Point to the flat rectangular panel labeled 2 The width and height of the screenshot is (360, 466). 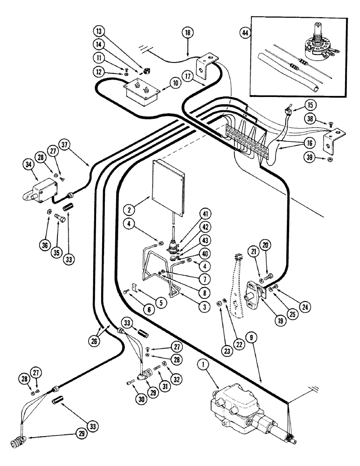point(170,182)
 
